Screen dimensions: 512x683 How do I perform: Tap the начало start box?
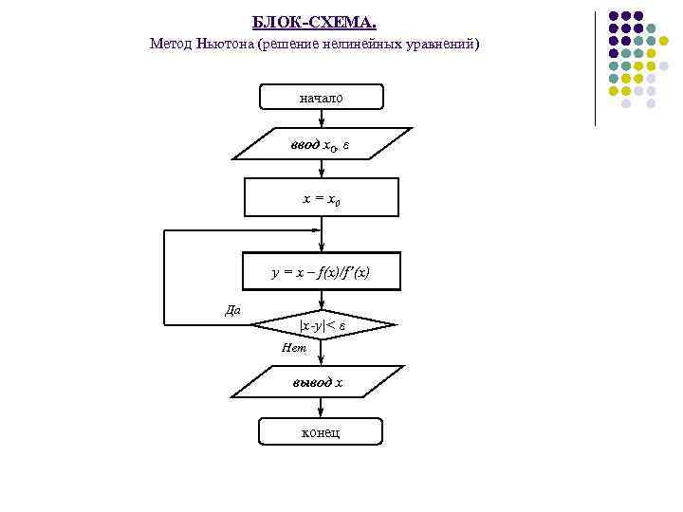[x=322, y=97]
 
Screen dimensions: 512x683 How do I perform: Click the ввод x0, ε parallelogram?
[x=322, y=144]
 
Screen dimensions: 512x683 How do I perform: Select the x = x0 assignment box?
[x=322, y=198]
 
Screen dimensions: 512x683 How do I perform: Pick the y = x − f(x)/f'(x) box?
[x=322, y=272]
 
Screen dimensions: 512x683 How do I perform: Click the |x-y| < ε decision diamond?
[x=322, y=325]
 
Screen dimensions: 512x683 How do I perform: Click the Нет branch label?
[x=294, y=349]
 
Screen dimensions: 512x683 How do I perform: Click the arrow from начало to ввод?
[x=323, y=119]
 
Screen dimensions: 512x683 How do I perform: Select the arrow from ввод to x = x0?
[x=323, y=169]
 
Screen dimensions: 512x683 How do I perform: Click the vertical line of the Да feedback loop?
[x=164, y=277]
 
